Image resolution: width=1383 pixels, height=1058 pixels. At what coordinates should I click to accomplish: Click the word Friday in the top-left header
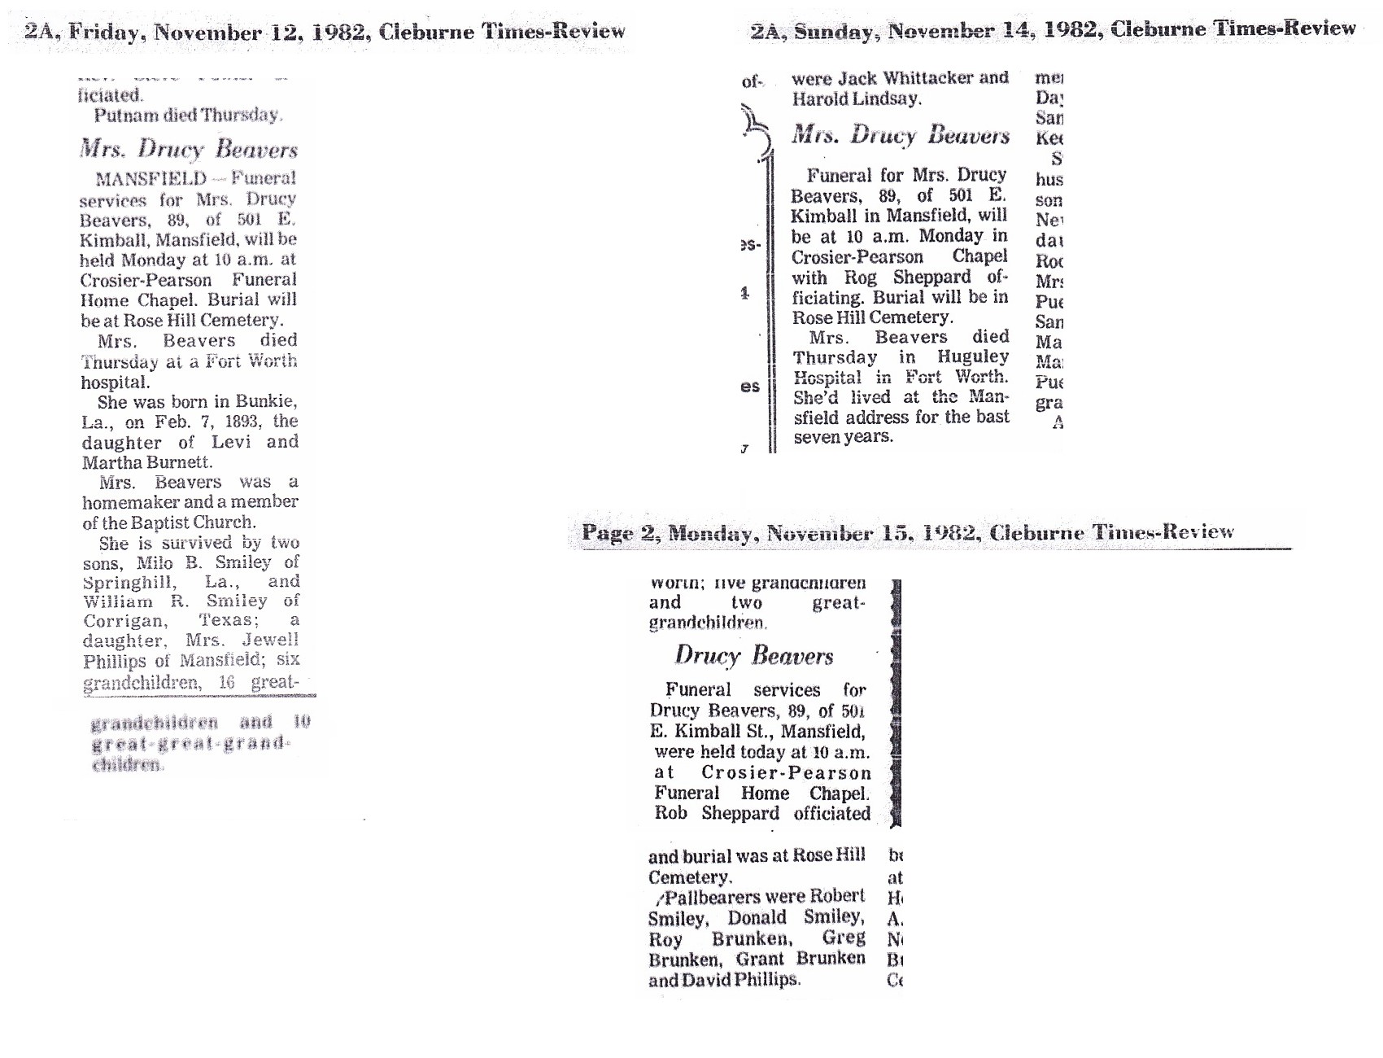tap(106, 33)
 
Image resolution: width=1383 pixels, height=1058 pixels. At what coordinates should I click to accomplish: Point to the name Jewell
tap(270, 640)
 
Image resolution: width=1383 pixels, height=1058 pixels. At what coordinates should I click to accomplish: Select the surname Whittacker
tap(919, 78)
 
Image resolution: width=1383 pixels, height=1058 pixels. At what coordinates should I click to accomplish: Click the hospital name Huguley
tap(973, 357)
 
